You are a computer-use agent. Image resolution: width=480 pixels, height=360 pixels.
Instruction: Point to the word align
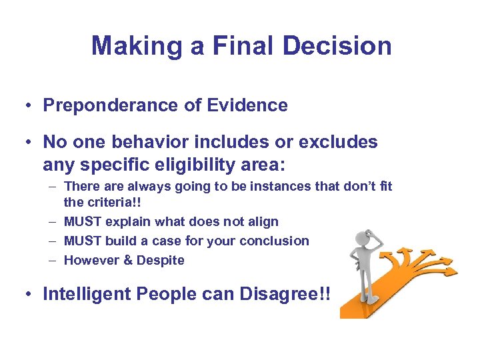tap(263, 221)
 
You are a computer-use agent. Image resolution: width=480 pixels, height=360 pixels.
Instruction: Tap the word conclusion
tap(276, 241)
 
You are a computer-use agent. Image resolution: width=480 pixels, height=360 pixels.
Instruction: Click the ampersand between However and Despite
tap(128, 260)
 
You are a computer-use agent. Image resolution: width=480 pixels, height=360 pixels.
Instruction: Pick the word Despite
tap(161, 260)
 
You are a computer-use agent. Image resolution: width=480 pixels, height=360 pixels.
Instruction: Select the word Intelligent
tap(87, 294)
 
